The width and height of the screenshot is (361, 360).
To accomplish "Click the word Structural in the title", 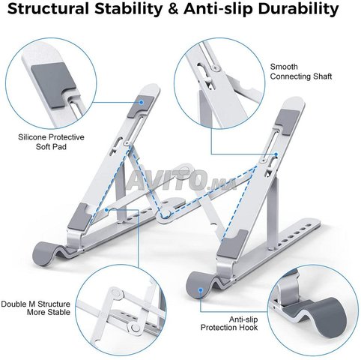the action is coord(48,8).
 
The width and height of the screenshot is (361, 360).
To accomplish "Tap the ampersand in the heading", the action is coord(173,9).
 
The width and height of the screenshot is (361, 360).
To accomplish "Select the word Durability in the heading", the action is coord(298,10).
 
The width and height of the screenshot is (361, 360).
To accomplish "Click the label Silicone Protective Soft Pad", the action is coord(51,142).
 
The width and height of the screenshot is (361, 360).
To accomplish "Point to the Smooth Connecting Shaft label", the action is coord(301,71).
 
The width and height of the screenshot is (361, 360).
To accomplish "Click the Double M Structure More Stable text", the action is coord(36,308).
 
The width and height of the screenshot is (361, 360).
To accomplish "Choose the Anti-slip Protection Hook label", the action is coord(229,323).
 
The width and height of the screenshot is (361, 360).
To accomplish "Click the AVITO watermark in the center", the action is coord(181,179).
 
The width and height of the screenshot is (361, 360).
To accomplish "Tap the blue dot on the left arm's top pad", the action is coord(142,102).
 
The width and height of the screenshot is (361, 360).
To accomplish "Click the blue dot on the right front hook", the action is coord(201,290).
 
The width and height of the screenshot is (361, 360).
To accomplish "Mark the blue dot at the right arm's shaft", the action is coord(276,154).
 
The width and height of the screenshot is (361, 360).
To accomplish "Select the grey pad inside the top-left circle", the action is coord(52,84).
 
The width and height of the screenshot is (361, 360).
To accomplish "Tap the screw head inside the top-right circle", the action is coord(214,67).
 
